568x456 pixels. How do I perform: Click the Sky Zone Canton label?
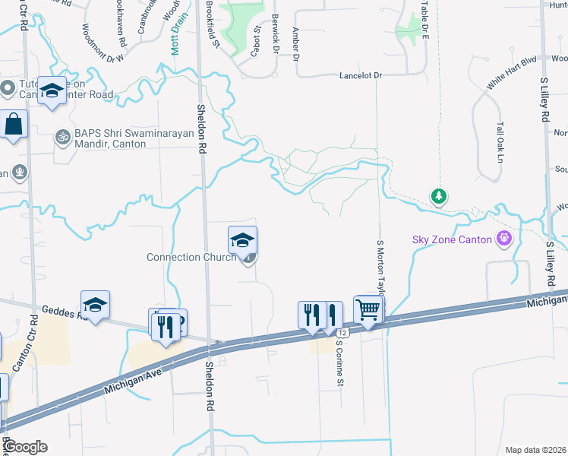tap(453, 239)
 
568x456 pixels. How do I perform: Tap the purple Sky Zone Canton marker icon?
tap(503, 239)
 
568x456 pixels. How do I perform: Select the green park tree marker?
tap(438, 197)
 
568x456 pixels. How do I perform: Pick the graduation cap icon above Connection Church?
tap(243, 240)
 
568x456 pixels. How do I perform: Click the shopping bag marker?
tap(14, 124)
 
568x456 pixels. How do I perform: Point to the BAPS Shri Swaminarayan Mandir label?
tap(115, 144)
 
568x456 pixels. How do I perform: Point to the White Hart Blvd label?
tap(511, 73)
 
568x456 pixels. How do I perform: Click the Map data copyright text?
tap(535, 450)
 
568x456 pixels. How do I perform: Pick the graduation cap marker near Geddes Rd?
tap(96, 305)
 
